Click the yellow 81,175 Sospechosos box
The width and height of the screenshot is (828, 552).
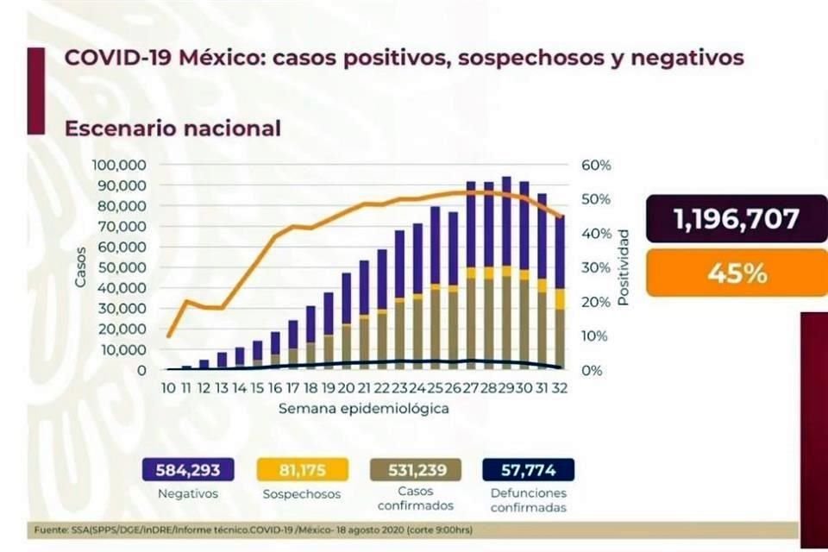point(301,470)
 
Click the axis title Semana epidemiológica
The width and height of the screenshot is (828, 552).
point(363,409)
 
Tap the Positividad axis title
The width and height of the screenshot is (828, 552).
point(624,267)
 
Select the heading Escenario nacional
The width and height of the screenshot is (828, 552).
point(173,129)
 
